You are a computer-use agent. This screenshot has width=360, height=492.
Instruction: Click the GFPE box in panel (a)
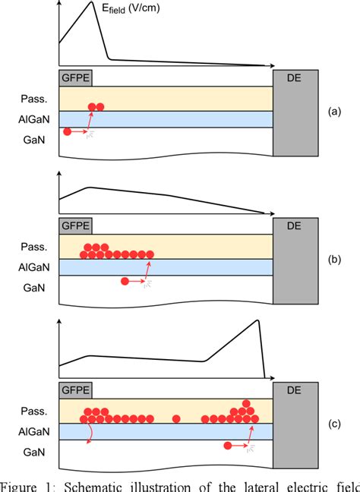pyautogui.click(x=74, y=77)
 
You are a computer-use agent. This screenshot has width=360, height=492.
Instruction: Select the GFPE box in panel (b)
pyautogui.click(x=74, y=225)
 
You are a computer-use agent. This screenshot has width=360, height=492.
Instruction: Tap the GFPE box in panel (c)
pyautogui.click(x=74, y=389)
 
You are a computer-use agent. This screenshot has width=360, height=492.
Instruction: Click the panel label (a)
pyautogui.click(x=333, y=111)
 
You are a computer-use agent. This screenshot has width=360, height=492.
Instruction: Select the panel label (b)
pyautogui.click(x=333, y=259)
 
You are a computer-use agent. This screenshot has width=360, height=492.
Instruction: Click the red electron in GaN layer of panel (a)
pyautogui.click(x=68, y=132)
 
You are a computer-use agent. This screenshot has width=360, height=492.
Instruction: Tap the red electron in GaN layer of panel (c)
pyautogui.click(x=228, y=446)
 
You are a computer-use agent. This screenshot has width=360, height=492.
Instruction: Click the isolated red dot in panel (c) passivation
pyautogui.click(x=176, y=418)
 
